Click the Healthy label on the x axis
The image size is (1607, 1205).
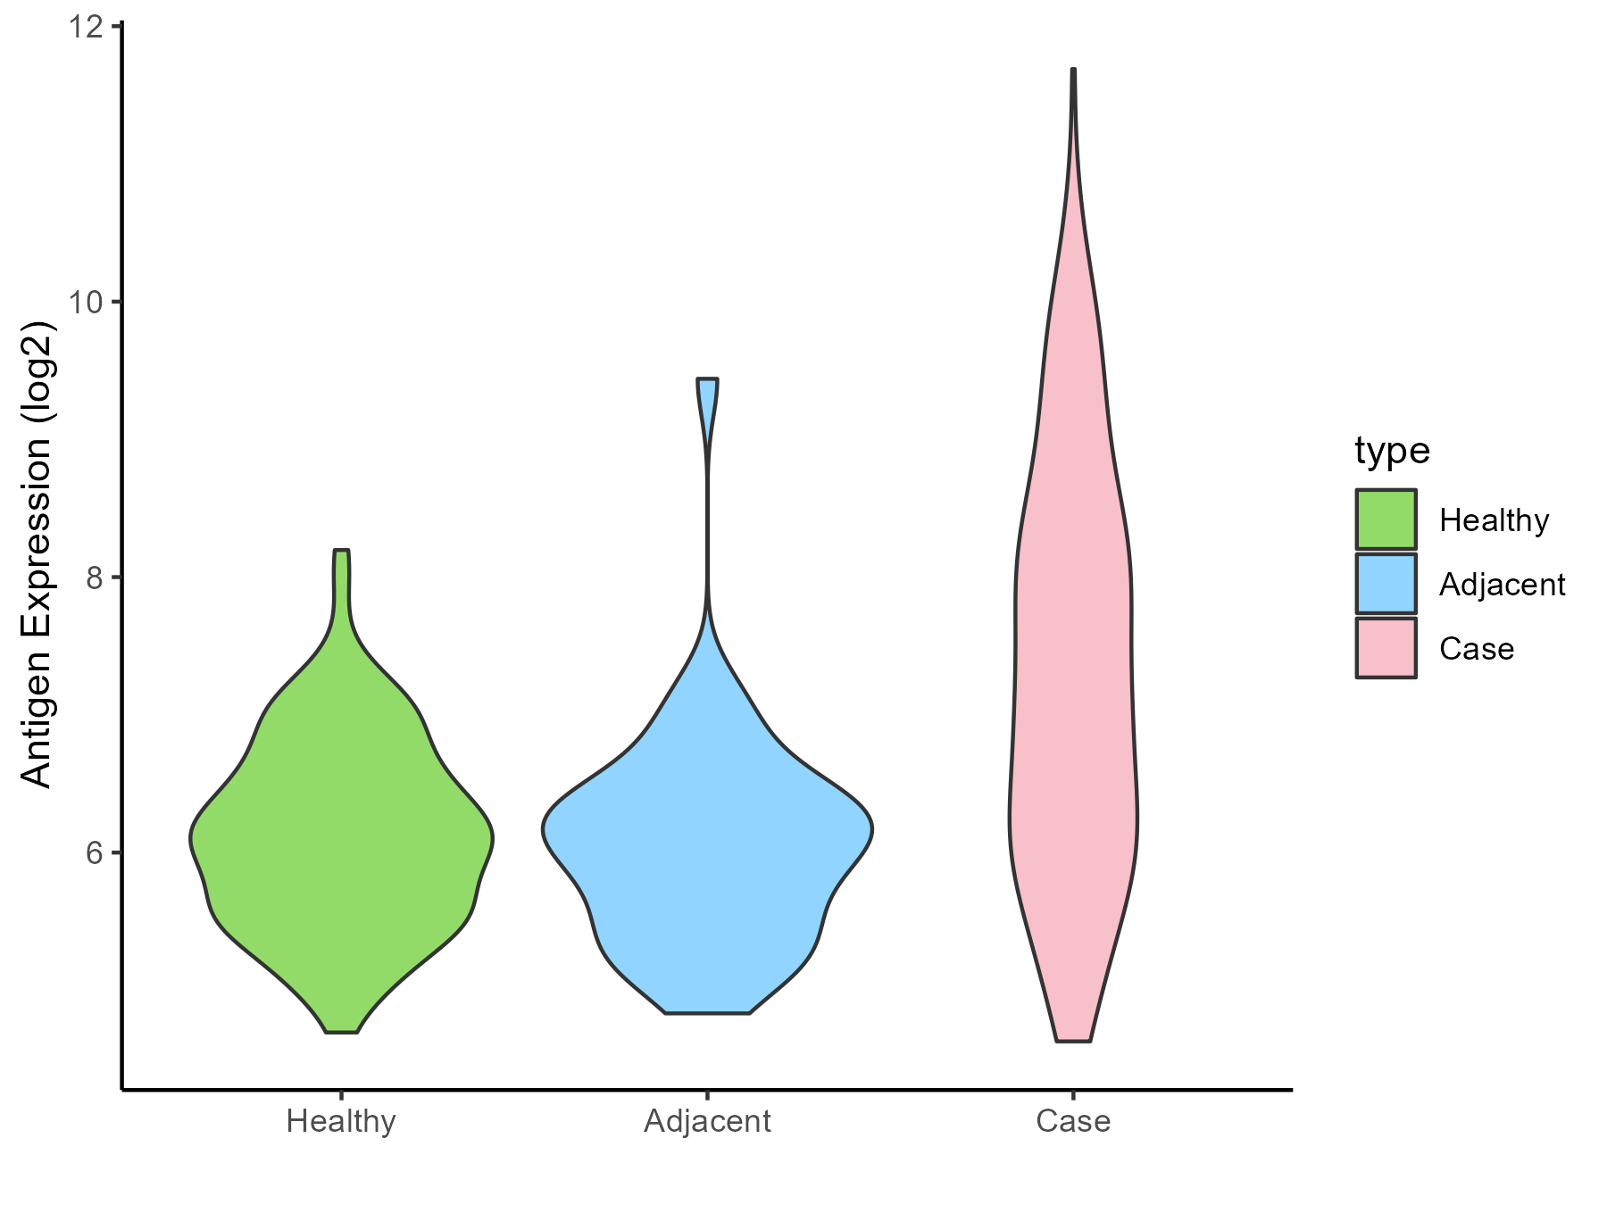point(341,1121)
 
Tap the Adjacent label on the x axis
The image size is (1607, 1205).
point(707,1121)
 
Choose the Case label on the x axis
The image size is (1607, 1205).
point(1073,1121)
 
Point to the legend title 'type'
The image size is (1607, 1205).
point(1392,451)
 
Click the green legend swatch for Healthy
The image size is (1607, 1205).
point(1386,519)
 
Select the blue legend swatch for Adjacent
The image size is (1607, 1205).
point(1386,584)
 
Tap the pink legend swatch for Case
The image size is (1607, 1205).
point(1386,648)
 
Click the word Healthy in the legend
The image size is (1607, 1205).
point(1494,520)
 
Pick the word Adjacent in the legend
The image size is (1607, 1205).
point(1502,585)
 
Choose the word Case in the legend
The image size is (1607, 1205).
point(1477,649)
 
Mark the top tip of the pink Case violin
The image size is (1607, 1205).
point(1073,70)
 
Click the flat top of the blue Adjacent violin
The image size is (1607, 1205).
point(707,379)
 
